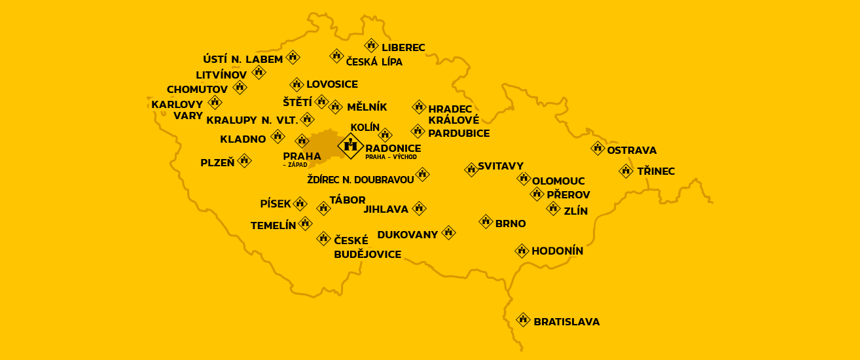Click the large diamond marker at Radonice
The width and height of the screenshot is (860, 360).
[350, 145]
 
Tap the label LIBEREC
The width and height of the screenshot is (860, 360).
[403, 48]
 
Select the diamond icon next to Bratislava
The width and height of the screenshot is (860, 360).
[522, 319]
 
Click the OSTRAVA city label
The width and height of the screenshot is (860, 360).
[632, 151]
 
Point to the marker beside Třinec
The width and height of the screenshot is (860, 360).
[626, 171]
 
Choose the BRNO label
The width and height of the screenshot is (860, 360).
[511, 223]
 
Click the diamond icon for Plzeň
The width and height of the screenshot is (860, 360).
[244, 160]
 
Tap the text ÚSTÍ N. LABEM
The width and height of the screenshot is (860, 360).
[243, 60]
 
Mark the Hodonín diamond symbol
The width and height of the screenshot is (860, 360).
[522, 250]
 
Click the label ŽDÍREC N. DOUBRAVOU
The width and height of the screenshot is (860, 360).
[360, 179]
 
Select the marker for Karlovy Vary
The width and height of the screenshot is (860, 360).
[215, 102]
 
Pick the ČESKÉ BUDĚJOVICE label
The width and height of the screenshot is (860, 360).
[367, 247]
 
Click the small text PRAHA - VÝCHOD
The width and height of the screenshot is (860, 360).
[391, 158]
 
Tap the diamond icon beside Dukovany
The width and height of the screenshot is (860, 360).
[448, 232]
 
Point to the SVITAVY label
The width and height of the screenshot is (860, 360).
[500, 166]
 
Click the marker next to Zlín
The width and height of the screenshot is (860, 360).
[553, 209]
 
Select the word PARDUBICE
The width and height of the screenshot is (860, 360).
[459, 133]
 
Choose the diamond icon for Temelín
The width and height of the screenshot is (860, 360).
[305, 223]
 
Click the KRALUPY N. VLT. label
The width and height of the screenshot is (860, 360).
[252, 120]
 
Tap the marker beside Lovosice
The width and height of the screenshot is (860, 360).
[296, 84]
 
